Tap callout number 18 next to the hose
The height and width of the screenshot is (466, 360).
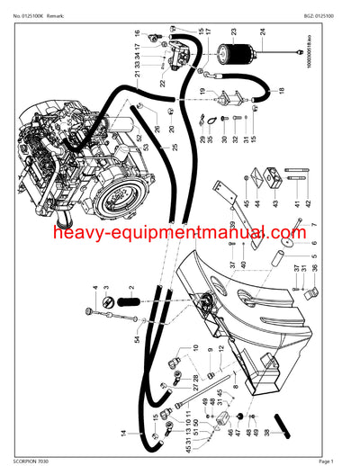[281, 92]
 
